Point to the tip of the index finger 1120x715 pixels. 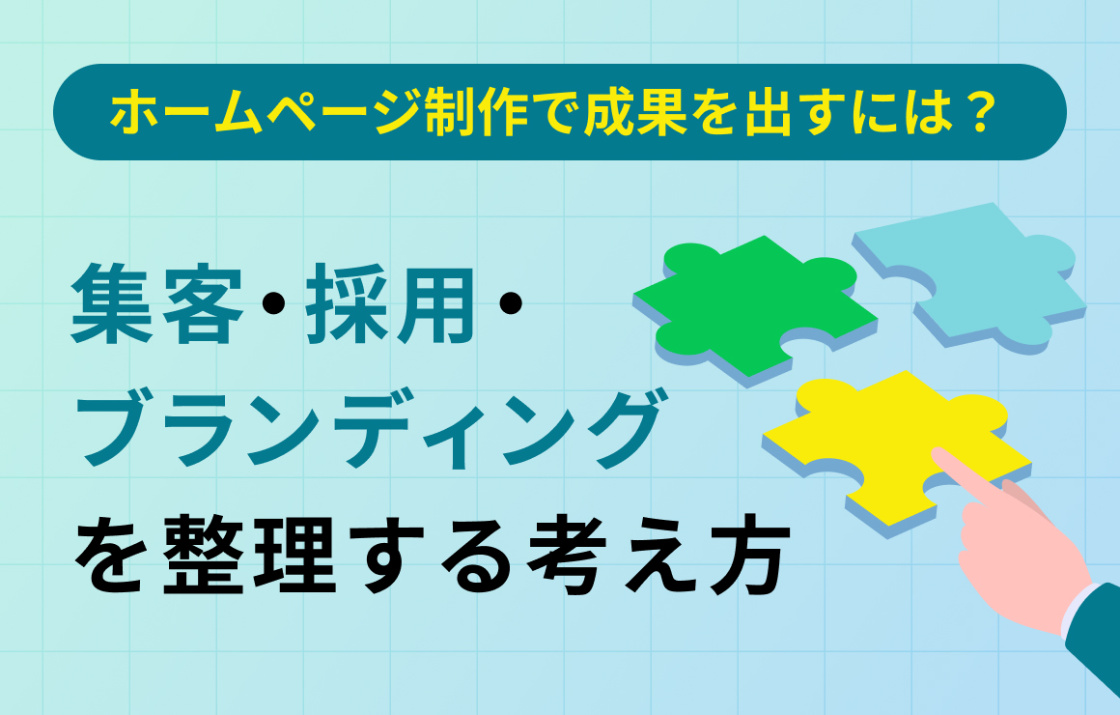coord(937,452)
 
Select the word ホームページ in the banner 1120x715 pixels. coord(265,113)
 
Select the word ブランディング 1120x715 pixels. coord(369,428)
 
